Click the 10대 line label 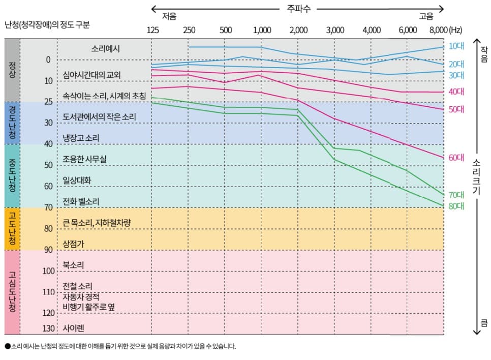click(456, 46)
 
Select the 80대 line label click(456, 206)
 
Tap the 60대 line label click(456, 158)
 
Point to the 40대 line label click(456, 92)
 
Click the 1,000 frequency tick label click(262, 30)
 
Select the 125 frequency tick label click(152, 30)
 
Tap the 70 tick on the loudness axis click(48, 207)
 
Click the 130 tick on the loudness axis click(48, 328)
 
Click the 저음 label click(169, 16)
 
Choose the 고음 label click(426, 16)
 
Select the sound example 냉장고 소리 click(81, 138)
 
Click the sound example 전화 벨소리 click(81, 201)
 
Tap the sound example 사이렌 click(74, 328)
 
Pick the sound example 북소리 click(74, 265)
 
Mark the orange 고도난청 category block click(12, 228)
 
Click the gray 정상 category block click(12, 70)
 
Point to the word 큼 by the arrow click(484, 323)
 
